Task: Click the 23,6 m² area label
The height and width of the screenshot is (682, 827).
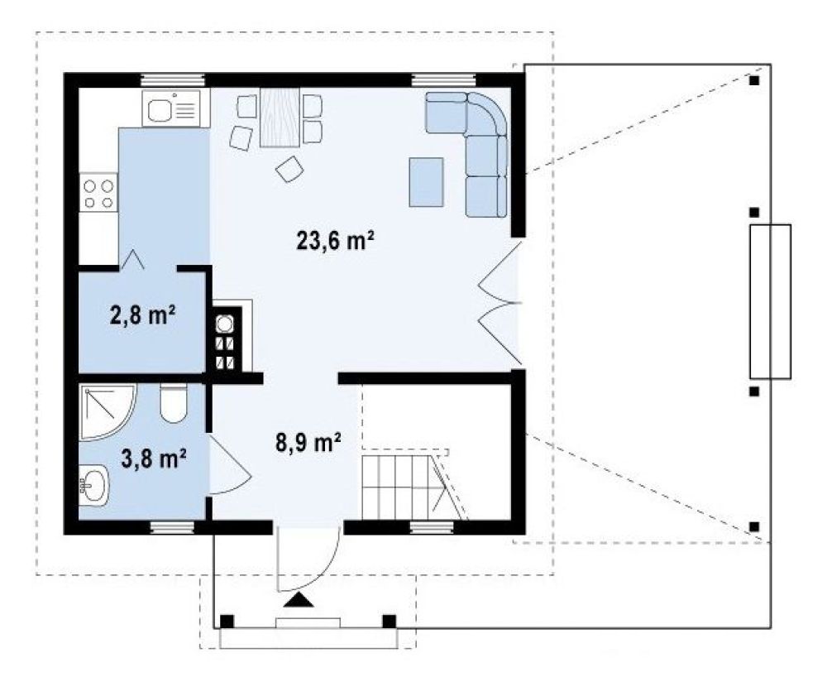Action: (x=336, y=241)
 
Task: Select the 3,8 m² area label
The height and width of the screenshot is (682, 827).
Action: (x=154, y=459)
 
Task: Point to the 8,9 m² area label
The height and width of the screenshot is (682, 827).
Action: (x=308, y=442)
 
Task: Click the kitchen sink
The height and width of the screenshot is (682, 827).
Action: (x=172, y=108)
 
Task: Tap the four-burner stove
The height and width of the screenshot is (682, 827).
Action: (x=98, y=193)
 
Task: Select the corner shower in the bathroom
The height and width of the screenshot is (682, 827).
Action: (x=107, y=411)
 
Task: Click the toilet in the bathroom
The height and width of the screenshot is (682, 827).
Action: (x=173, y=403)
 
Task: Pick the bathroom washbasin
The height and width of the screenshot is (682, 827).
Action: (x=94, y=483)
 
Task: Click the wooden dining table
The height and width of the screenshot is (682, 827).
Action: (x=280, y=117)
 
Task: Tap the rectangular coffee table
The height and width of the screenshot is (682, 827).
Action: (x=426, y=181)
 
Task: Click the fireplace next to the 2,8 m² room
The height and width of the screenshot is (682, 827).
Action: (x=228, y=339)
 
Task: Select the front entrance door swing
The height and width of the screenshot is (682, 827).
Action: (x=309, y=559)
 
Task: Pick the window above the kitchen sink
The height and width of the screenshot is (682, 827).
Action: (x=172, y=80)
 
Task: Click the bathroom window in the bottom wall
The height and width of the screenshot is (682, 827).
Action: (x=172, y=527)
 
